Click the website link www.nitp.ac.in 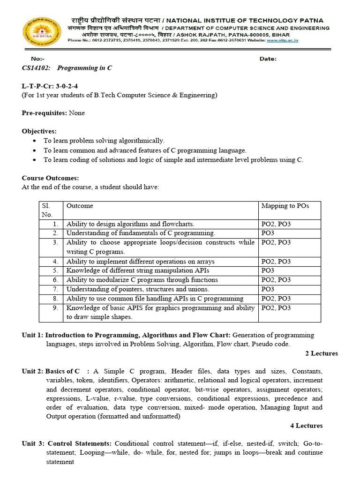click(x=283, y=41)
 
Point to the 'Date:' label click(x=268, y=59)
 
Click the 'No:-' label click(x=37, y=59)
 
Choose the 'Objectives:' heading click(x=39, y=131)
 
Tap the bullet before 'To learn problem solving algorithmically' click(x=36, y=141)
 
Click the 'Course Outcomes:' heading click(x=51, y=178)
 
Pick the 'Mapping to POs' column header click(x=285, y=206)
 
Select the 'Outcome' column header click(x=80, y=206)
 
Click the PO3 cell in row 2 click(x=268, y=233)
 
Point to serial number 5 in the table click(x=55, y=270)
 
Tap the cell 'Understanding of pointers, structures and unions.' click(x=138, y=289)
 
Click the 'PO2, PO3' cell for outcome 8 click(x=276, y=299)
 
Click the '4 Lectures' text click(x=307, y=426)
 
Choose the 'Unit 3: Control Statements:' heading click(x=67, y=443)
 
